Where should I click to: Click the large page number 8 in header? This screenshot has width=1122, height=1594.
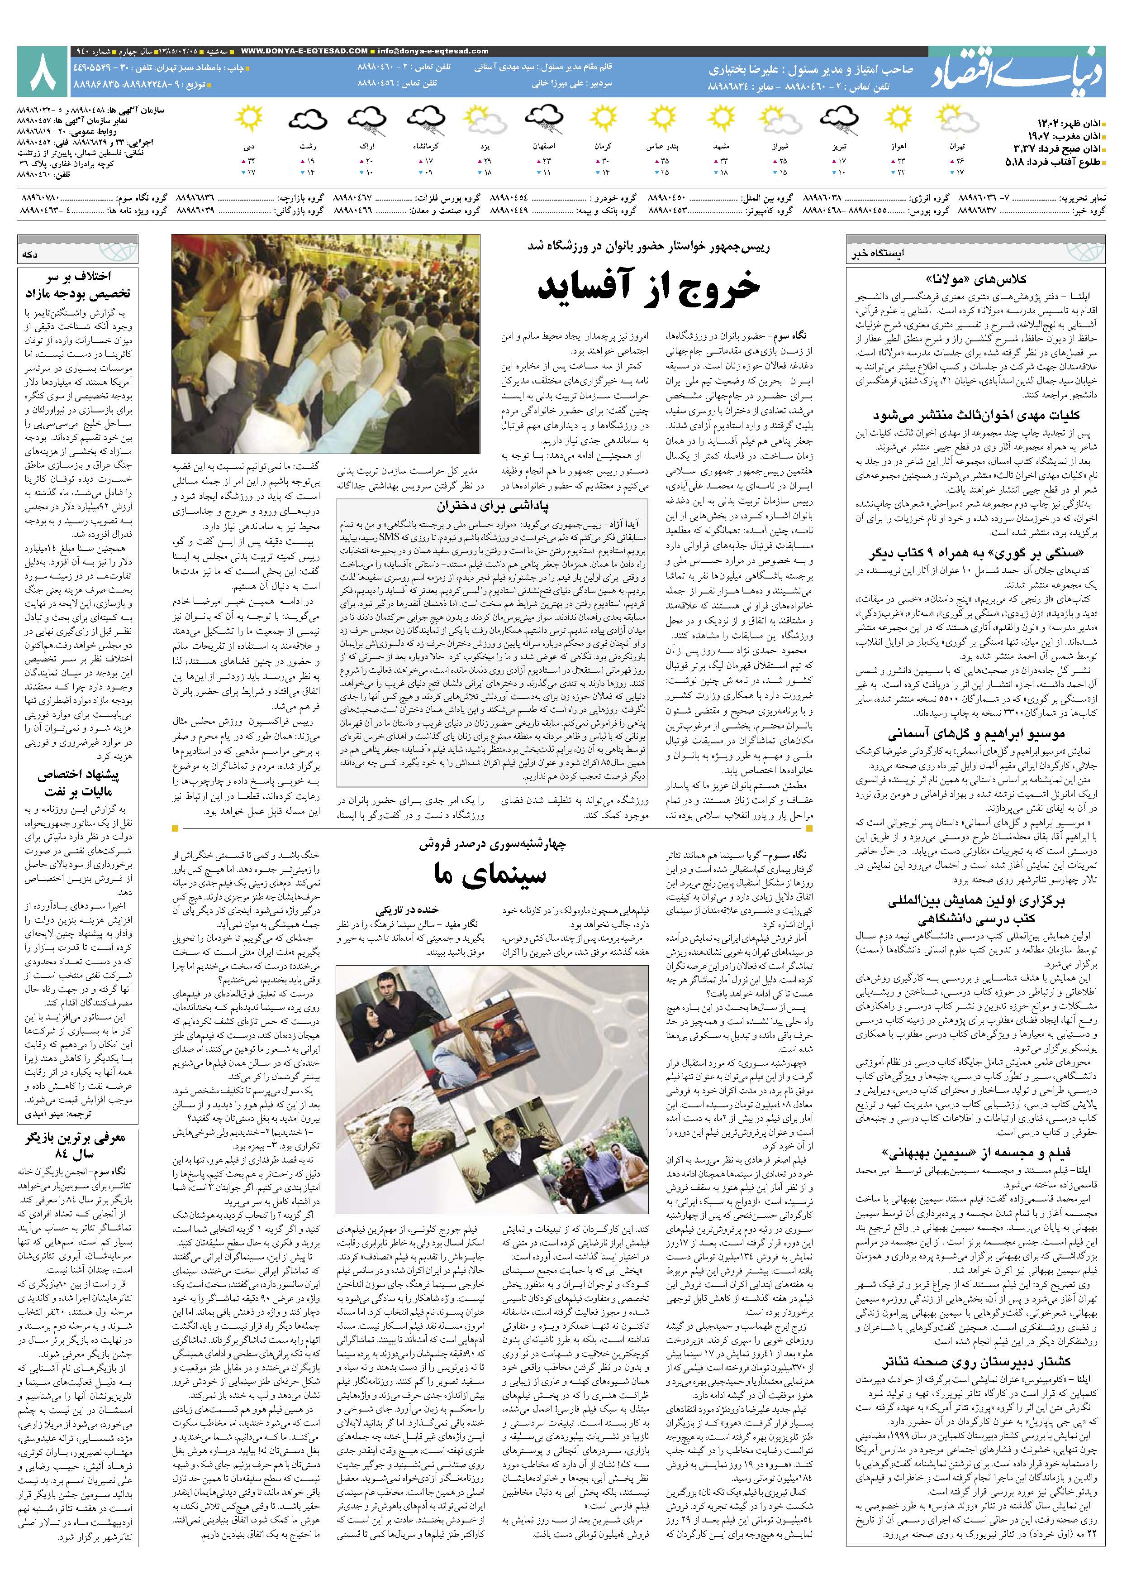point(41,72)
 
